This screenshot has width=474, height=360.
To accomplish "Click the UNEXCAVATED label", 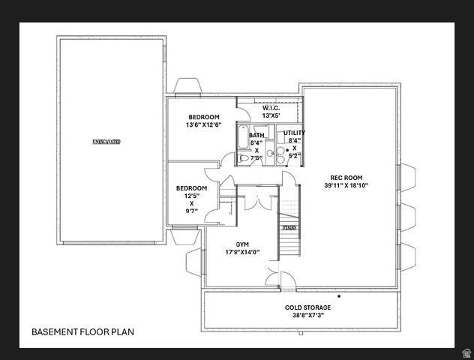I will pos(106,141).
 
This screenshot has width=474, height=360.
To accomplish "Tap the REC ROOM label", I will pos(346,178).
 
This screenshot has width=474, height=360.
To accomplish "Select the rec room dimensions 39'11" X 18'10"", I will pos(346,186).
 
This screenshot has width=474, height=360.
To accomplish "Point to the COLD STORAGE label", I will pos(307,307).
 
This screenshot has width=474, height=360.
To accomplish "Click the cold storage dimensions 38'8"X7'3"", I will pos(307,316).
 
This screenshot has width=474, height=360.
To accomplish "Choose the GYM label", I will pos(242,244).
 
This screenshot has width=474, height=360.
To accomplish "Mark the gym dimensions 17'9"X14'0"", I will pos(242,253).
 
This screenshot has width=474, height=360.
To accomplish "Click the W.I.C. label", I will pos(271,108).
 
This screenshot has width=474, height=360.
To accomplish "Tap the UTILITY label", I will pos(294,133).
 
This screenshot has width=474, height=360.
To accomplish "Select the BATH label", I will pos(256,136).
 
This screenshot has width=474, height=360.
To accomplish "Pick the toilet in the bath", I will pos(244,158).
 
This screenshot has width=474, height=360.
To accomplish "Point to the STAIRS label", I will pos(289,227).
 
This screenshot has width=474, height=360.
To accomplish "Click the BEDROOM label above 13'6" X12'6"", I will pos(203,117).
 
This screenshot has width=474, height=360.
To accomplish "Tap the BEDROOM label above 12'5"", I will pos(191,188).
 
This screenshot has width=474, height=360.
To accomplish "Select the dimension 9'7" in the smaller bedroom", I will pos(191,211).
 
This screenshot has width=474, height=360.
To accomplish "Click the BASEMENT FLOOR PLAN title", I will pos(83,331).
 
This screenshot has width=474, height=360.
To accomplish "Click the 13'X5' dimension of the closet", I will pos(271,116).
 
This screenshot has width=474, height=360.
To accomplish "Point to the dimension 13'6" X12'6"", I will pos(203,125).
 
